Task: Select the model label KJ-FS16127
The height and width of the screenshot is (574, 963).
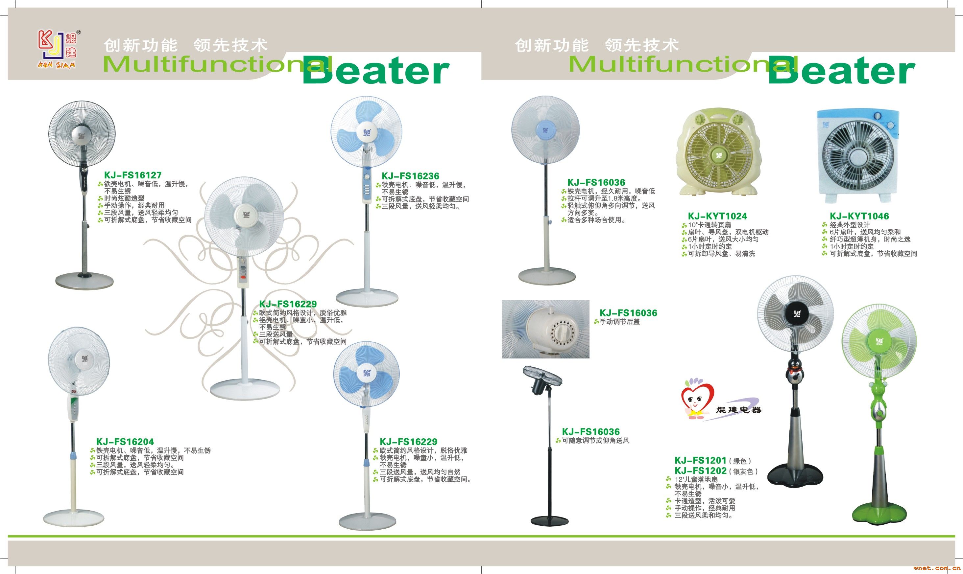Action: [133, 175]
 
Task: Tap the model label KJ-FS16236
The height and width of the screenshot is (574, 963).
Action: [410, 176]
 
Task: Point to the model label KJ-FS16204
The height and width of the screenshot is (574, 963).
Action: [125, 442]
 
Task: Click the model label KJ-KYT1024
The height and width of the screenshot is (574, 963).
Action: [717, 216]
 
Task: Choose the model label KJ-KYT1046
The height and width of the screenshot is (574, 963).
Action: [859, 216]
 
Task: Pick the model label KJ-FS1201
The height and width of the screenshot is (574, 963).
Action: [701, 460]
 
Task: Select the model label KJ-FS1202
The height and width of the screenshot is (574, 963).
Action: [701, 471]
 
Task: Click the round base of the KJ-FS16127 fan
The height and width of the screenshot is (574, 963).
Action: [84, 279]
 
